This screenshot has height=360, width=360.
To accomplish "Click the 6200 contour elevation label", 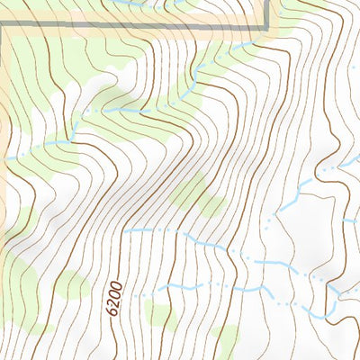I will (x=115, y=300).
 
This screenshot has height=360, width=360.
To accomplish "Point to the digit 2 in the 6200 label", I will (x=114, y=303).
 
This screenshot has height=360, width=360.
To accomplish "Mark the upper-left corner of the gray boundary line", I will (x=4, y=29).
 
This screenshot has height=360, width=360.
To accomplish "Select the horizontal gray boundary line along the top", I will (x=135, y=29).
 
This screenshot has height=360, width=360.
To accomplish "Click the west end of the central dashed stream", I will (x=126, y=231).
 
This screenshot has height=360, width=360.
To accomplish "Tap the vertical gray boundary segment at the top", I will (x=268, y=13).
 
